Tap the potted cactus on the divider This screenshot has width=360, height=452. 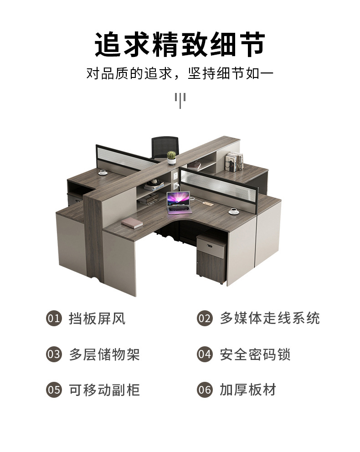point(171,157)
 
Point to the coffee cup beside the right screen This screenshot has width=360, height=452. point(234,211)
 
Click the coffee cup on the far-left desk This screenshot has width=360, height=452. point(103,172)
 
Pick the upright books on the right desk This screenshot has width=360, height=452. point(232,162)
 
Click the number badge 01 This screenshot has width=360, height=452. point(54,318)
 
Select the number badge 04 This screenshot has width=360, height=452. point(205,354)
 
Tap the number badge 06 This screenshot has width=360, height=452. point(205,390)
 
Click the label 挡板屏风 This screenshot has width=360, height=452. point(97,318)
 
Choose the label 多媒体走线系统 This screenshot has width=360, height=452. point(270,318)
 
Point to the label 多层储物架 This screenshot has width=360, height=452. point(104,354)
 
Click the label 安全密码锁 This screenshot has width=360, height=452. point(255,354)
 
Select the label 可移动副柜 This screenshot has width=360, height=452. point(104,390)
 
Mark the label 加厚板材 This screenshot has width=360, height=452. point(248,390)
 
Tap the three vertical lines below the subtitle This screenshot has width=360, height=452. point(180,99)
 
